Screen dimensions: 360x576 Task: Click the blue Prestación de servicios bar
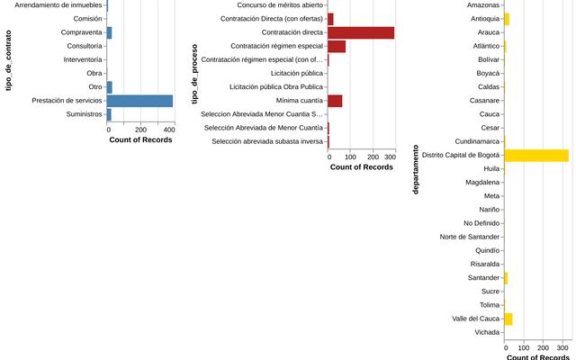tap(140, 101)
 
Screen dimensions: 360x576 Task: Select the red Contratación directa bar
tap(361, 32)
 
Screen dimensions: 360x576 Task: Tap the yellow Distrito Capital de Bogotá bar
tap(536, 155)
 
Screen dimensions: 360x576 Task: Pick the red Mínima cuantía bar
tap(335, 101)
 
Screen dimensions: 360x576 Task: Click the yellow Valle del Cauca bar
tap(508, 319)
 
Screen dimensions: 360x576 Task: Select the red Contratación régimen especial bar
tap(337, 46)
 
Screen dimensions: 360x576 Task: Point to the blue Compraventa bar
tap(110, 32)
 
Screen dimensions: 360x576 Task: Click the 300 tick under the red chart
tap(390, 157)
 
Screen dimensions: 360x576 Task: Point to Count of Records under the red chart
tap(362, 167)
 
